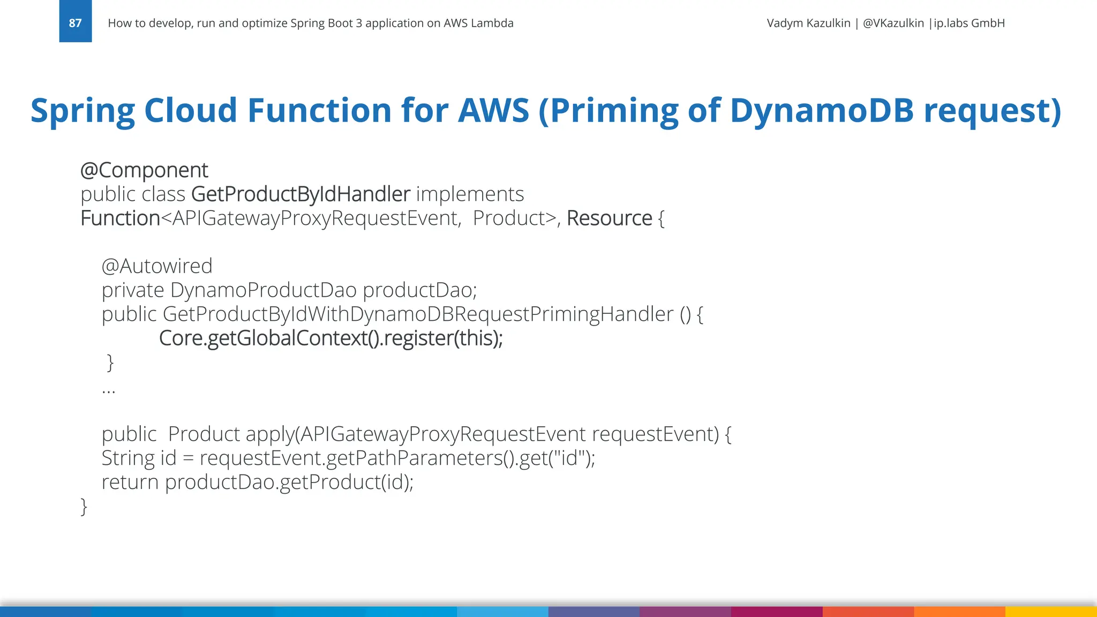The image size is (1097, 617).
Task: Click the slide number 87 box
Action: pos(75,22)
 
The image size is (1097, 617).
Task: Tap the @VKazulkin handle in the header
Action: pos(893,23)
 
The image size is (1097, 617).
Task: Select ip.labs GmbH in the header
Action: pos(969,23)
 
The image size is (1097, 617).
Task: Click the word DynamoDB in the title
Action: pos(821,110)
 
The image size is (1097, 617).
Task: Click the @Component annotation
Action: pos(144,170)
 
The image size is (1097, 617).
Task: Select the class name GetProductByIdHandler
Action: pos(300,194)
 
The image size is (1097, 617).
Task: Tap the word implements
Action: pos(470,194)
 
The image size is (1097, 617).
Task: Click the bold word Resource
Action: pos(609,219)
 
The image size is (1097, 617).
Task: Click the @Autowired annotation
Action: pos(157,266)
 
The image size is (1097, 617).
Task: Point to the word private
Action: pos(133,290)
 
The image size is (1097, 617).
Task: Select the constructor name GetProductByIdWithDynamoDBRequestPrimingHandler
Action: pos(418,314)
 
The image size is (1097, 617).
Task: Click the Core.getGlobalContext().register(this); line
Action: pos(330,338)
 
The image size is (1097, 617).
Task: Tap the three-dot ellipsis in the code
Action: pos(109,390)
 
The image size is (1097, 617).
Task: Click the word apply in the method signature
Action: pos(269,434)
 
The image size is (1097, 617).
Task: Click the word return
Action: pos(130,483)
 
